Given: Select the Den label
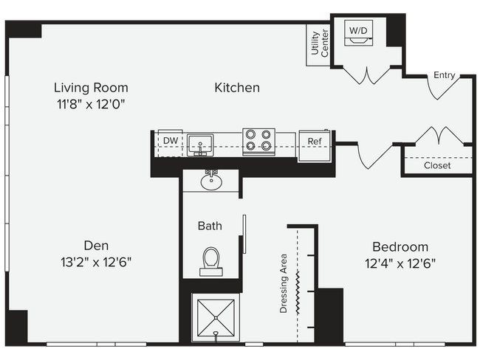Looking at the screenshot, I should pos(97,245).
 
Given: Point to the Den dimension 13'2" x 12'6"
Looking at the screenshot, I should pos(97,262).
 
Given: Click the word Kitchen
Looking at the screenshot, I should pos(237,88).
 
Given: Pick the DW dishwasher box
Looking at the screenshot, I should pos(170,140).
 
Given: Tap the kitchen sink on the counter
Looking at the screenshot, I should pos(200,142).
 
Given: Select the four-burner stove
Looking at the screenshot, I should pos(258,140).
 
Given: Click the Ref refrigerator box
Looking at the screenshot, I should pos(315,142).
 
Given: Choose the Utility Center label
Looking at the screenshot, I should pos(319,44).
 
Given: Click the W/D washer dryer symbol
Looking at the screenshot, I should pos(358,35).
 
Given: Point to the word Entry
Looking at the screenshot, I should pos(445,75).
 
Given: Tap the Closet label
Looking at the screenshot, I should pos(437,165).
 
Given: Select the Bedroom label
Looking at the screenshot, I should pos(400,247).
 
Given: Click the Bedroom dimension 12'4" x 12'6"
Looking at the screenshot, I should pos(400,263).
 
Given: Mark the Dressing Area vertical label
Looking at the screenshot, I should pos(284,285).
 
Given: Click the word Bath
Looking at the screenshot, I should pos(209,226).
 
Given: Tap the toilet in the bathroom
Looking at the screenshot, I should pos(211,260).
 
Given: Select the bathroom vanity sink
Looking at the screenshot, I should pos(211,180).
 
